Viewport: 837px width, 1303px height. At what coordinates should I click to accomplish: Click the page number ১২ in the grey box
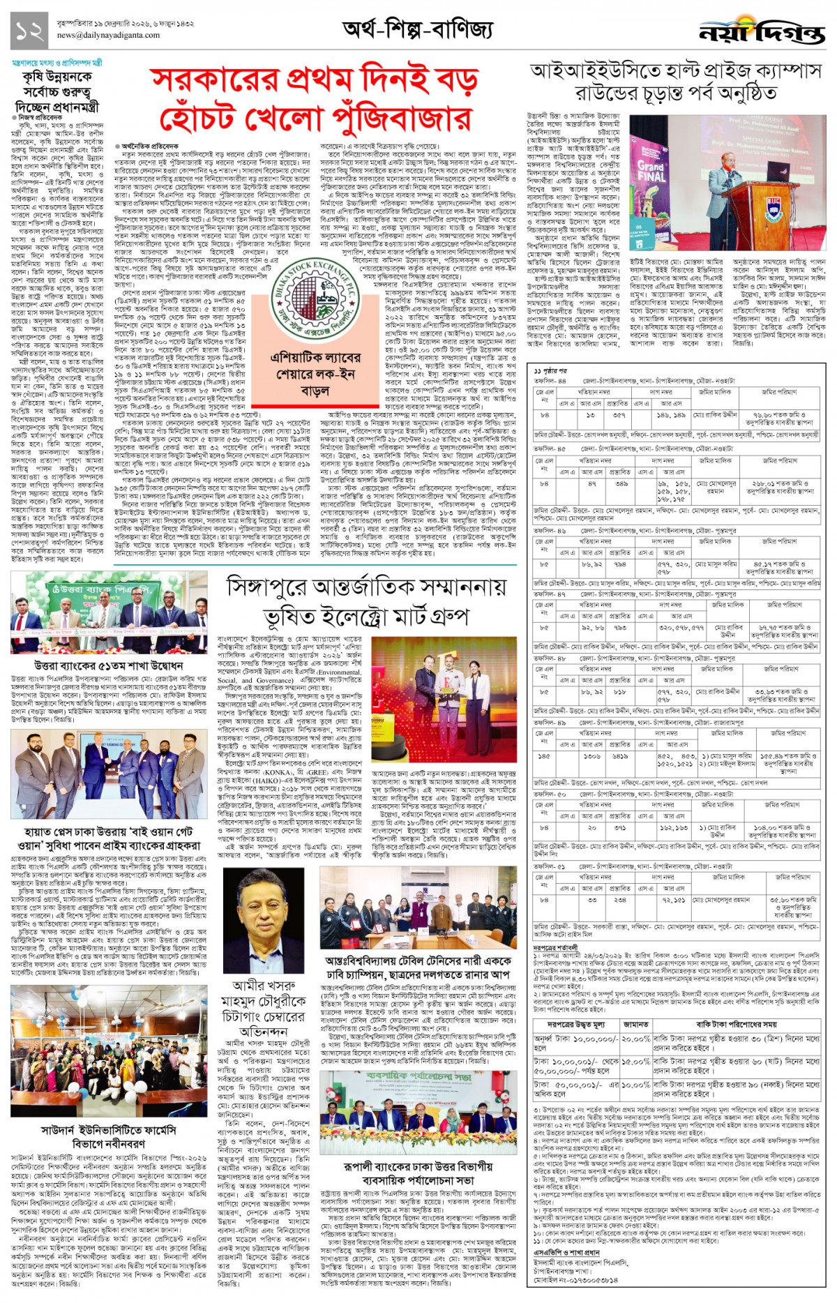coord(29,31)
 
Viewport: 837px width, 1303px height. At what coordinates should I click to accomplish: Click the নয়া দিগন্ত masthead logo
coord(762,31)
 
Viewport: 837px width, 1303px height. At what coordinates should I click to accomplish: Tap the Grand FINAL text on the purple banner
coord(650,172)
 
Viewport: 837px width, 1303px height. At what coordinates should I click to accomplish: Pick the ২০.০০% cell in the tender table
coord(635,1038)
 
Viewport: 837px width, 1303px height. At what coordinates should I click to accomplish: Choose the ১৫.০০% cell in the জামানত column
coord(635,1061)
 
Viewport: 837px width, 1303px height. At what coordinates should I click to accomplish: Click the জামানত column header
coord(635,1024)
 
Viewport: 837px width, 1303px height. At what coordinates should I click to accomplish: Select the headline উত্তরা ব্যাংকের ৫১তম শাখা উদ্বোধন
coord(108,665)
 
